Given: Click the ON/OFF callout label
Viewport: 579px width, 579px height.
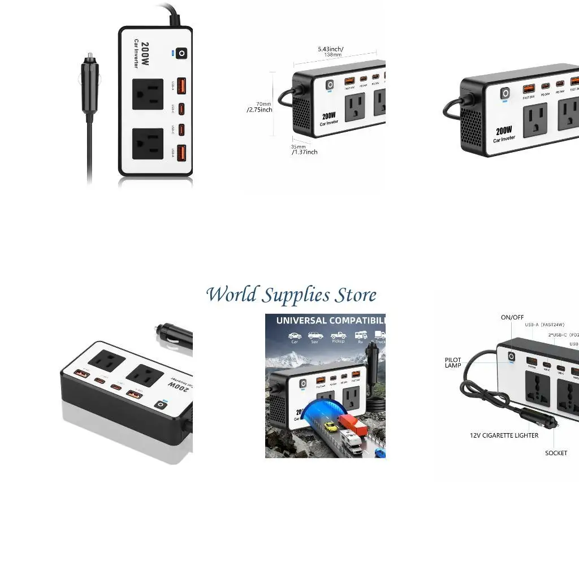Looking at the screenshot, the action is (x=512, y=317).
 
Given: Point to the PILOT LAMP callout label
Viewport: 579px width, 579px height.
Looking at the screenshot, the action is (x=453, y=362).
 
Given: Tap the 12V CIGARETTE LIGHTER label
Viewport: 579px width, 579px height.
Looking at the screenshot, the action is (x=504, y=435).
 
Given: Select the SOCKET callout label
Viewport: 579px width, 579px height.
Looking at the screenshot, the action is (x=556, y=453).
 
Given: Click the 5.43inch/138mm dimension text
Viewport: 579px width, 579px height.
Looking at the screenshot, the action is (x=331, y=51).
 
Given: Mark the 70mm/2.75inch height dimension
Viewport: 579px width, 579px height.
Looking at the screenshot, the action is (x=261, y=107).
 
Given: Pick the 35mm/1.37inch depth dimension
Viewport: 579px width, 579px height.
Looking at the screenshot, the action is (x=304, y=149).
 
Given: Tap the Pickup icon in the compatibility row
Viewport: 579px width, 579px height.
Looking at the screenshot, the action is (x=338, y=338).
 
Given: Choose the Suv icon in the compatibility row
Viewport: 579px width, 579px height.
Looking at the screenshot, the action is (x=316, y=338).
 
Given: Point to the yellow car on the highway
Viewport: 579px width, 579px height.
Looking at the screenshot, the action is (x=331, y=426).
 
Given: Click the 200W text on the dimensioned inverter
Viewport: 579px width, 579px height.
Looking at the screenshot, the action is (x=329, y=115).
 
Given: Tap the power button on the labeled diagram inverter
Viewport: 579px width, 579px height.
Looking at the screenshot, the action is (x=512, y=357).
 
